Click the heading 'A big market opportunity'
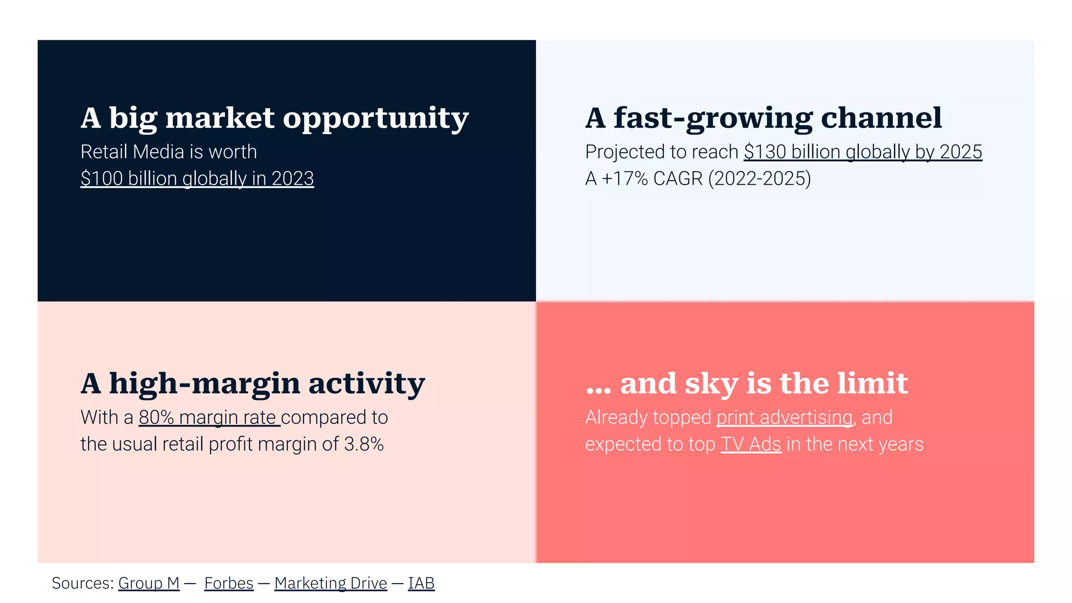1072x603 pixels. coord(274,118)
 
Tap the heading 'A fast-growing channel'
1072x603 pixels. coord(763,118)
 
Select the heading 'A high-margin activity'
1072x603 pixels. coord(252,383)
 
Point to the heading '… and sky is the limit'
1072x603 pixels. coord(746,383)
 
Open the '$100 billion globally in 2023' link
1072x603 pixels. coord(197,178)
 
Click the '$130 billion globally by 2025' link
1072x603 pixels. coord(863,152)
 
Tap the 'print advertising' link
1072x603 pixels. coord(784,417)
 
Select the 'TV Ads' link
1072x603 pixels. coord(751,444)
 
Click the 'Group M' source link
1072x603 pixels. coord(149,583)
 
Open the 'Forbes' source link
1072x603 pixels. coord(229,583)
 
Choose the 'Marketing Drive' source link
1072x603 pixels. coord(330,583)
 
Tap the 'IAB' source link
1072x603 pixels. coord(421,583)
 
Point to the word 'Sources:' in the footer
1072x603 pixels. coord(83,583)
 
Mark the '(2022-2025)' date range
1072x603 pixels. coord(759,178)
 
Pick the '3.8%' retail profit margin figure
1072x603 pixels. coord(364,444)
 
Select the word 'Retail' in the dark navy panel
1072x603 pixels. coord(104,152)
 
